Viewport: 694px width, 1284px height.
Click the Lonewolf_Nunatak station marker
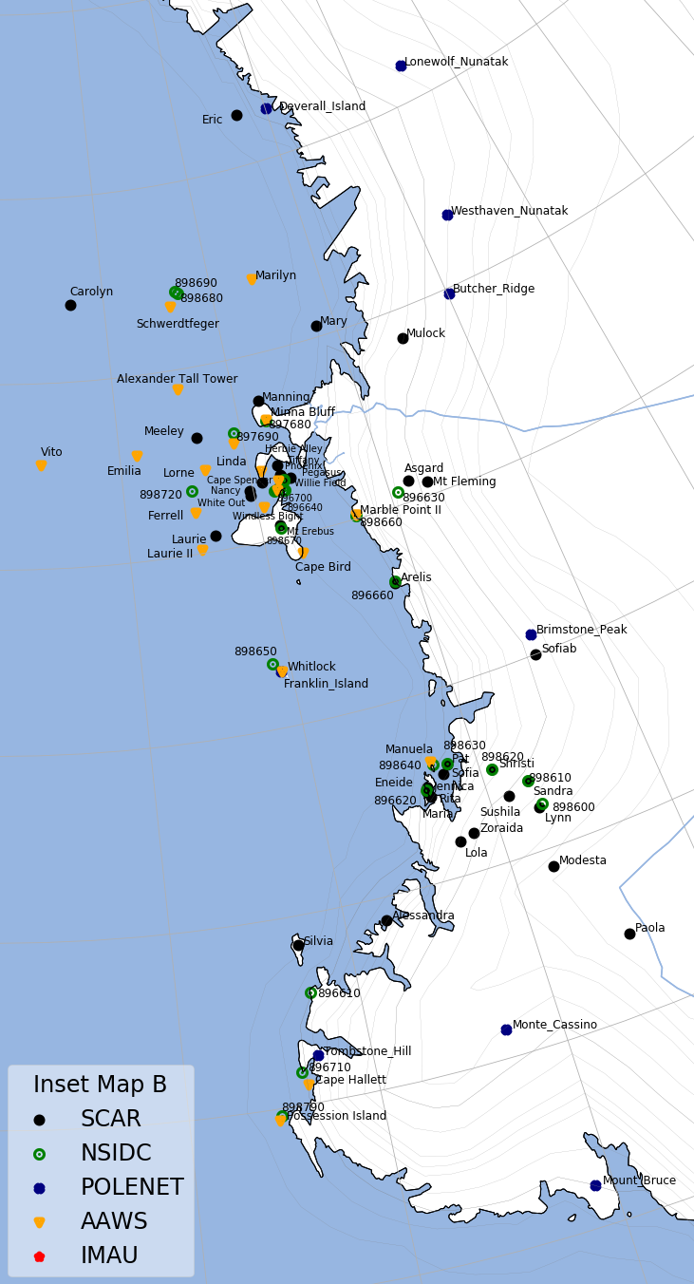[x=401, y=66]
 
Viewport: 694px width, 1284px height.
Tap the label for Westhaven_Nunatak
[x=509, y=211]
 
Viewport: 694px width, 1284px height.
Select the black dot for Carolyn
[x=70, y=305]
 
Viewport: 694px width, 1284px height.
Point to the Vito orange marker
[x=41, y=465]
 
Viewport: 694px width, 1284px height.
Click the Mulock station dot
[x=403, y=338]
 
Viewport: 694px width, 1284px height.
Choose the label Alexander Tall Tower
[x=177, y=379]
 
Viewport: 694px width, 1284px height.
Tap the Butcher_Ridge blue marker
[x=449, y=293]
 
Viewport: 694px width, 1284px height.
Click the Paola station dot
[x=629, y=934]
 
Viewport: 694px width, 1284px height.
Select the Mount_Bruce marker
[x=595, y=1185]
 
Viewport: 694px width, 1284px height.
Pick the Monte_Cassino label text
[x=554, y=1025]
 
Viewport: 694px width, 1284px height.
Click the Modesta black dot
[x=553, y=866]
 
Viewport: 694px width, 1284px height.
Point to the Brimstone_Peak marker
[x=531, y=634]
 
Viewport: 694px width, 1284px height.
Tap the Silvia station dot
[x=298, y=945]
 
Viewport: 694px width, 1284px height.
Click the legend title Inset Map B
[x=100, y=1085]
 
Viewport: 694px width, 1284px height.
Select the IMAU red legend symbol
[x=39, y=1256]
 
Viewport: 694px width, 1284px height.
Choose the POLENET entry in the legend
[x=132, y=1187]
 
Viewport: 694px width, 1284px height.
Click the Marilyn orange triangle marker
[x=252, y=279]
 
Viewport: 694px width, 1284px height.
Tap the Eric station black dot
[x=236, y=115]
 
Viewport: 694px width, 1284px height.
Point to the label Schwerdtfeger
[x=178, y=324]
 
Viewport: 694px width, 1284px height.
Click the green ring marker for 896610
[x=310, y=992]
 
